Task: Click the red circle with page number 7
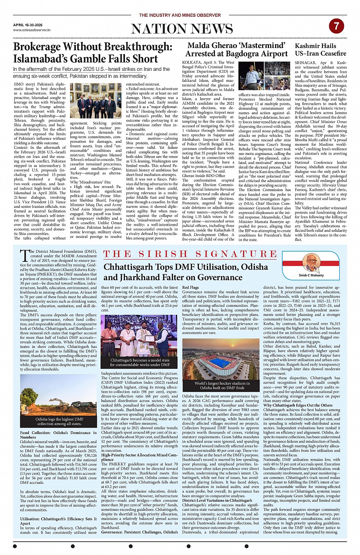coord(336,26)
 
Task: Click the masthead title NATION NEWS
coord(182,29)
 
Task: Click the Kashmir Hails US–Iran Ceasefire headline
coord(320,49)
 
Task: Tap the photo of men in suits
coord(96,100)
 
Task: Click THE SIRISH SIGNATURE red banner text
coord(190,254)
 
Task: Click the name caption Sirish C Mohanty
coord(311,275)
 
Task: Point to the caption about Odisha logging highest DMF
coord(59,421)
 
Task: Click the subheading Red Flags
coord(190,287)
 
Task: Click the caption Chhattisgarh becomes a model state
coord(140,362)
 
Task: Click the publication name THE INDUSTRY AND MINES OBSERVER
coord(180,15)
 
